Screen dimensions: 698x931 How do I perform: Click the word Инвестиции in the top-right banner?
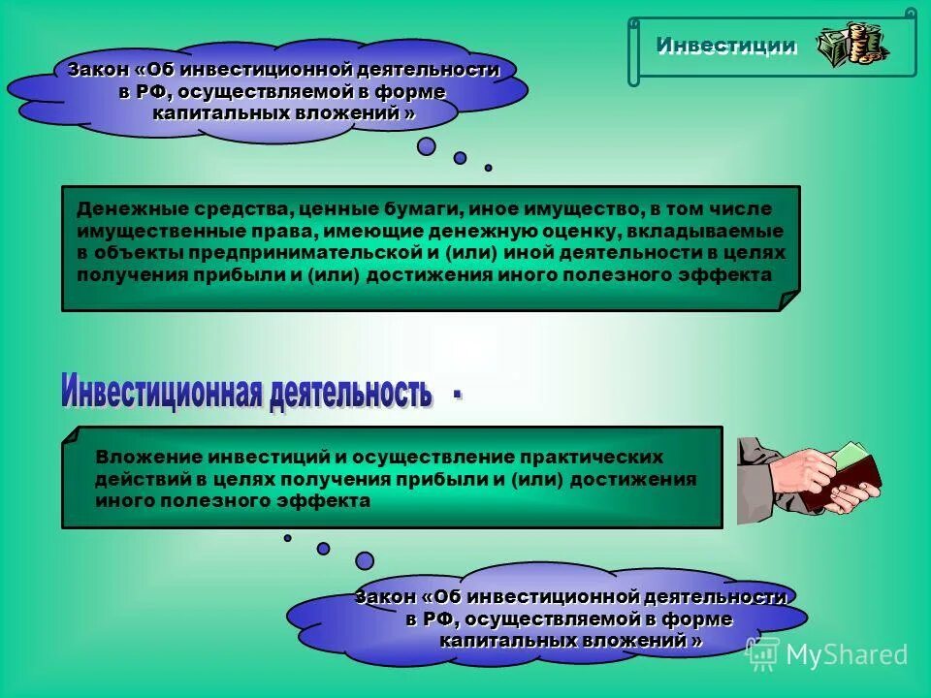(x=726, y=46)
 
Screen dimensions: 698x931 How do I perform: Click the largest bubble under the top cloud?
(x=427, y=147)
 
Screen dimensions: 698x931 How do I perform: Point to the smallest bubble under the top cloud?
(x=488, y=168)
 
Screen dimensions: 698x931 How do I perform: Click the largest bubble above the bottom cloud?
(x=365, y=560)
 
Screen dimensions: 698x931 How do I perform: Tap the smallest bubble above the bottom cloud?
(x=287, y=538)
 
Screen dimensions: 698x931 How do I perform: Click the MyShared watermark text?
(x=846, y=654)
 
